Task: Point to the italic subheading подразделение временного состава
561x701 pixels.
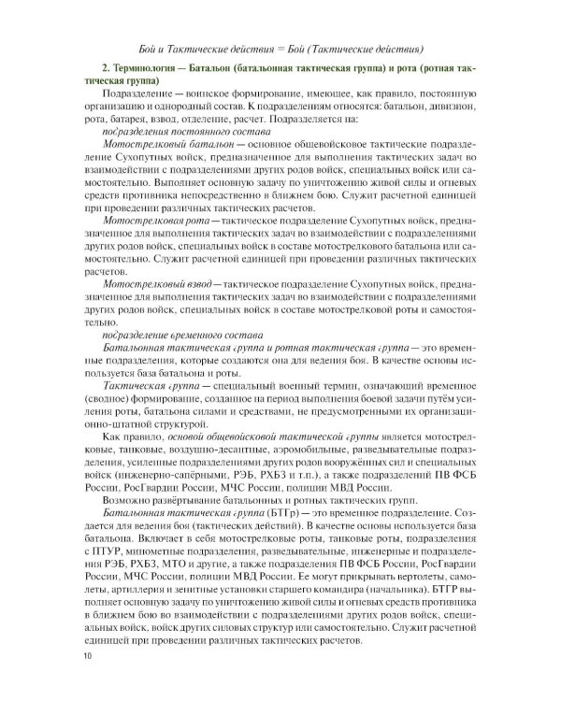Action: click(x=168, y=334)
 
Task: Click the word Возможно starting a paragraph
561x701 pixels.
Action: click(x=125, y=501)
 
